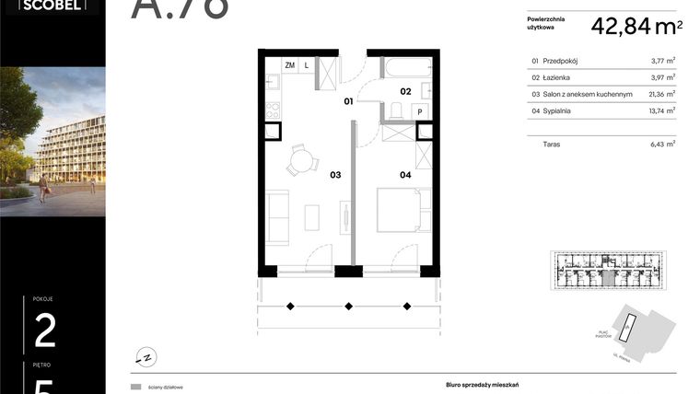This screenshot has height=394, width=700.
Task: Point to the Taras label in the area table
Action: tap(553, 144)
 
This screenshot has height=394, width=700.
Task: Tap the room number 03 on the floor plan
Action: tap(335, 173)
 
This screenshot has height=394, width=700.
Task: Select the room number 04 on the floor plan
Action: tap(405, 173)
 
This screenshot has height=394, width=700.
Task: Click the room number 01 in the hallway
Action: tap(349, 101)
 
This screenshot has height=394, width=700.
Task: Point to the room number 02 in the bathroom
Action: tap(404, 91)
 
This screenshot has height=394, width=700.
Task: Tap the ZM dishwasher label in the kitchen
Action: tap(290, 66)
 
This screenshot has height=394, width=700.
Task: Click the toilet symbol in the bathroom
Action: tap(393, 111)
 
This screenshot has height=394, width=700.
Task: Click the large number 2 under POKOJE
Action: tap(45, 330)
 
